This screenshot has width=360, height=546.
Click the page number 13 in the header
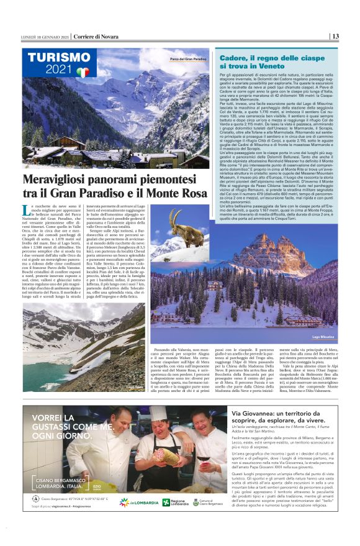pyautogui.click(x=335, y=36)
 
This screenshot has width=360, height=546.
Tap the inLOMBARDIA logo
pyautogui.click(x=143, y=503)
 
